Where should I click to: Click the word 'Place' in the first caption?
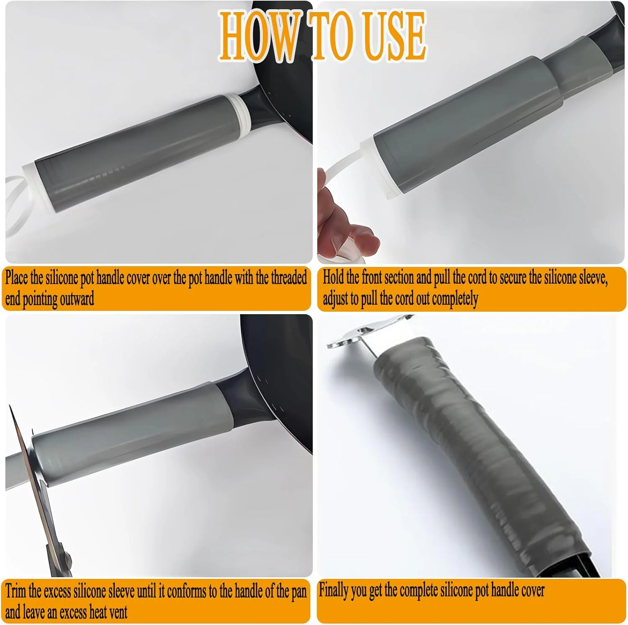[x=17, y=278]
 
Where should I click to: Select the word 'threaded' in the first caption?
[x=289, y=277]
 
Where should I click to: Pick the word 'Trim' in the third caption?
[x=16, y=591]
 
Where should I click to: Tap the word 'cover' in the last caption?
[x=532, y=590]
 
